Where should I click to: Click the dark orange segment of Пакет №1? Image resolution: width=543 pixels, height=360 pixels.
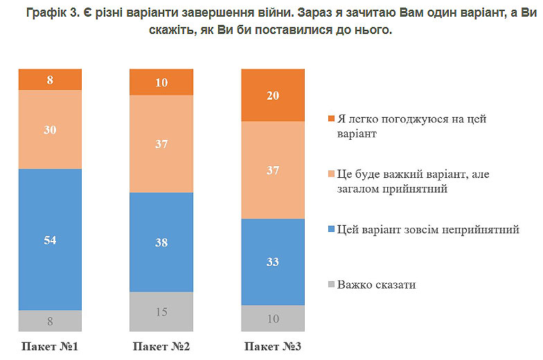[x=50, y=80]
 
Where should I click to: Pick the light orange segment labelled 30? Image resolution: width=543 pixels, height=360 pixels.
[x=50, y=129]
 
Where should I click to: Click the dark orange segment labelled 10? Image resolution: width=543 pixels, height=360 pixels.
[x=161, y=82]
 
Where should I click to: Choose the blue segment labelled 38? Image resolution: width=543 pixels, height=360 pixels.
[x=161, y=242]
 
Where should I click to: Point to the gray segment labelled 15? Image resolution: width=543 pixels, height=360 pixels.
[x=161, y=311]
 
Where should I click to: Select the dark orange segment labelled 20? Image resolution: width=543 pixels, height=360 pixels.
[x=272, y=96]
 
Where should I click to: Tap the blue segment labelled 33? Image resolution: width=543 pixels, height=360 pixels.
[x=272, y=262]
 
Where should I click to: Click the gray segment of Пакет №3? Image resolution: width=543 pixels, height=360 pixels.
[x=272, y=318]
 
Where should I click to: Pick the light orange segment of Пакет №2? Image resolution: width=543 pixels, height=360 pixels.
[x=161, y=143]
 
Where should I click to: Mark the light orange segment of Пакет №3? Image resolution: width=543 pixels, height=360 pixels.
[x=272, y=170]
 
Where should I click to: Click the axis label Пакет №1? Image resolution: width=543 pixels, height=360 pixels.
[x=50, y=345]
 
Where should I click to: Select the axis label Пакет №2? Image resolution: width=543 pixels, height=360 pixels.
[x=161, y=345]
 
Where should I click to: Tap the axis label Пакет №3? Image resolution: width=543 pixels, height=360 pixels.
[x=272, y=345]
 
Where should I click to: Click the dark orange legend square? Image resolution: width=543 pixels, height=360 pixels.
[x=330, y=119]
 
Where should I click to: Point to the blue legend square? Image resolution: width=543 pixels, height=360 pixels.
[x=330, y=229]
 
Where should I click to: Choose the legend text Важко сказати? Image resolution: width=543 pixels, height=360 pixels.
[x=377, y=285]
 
